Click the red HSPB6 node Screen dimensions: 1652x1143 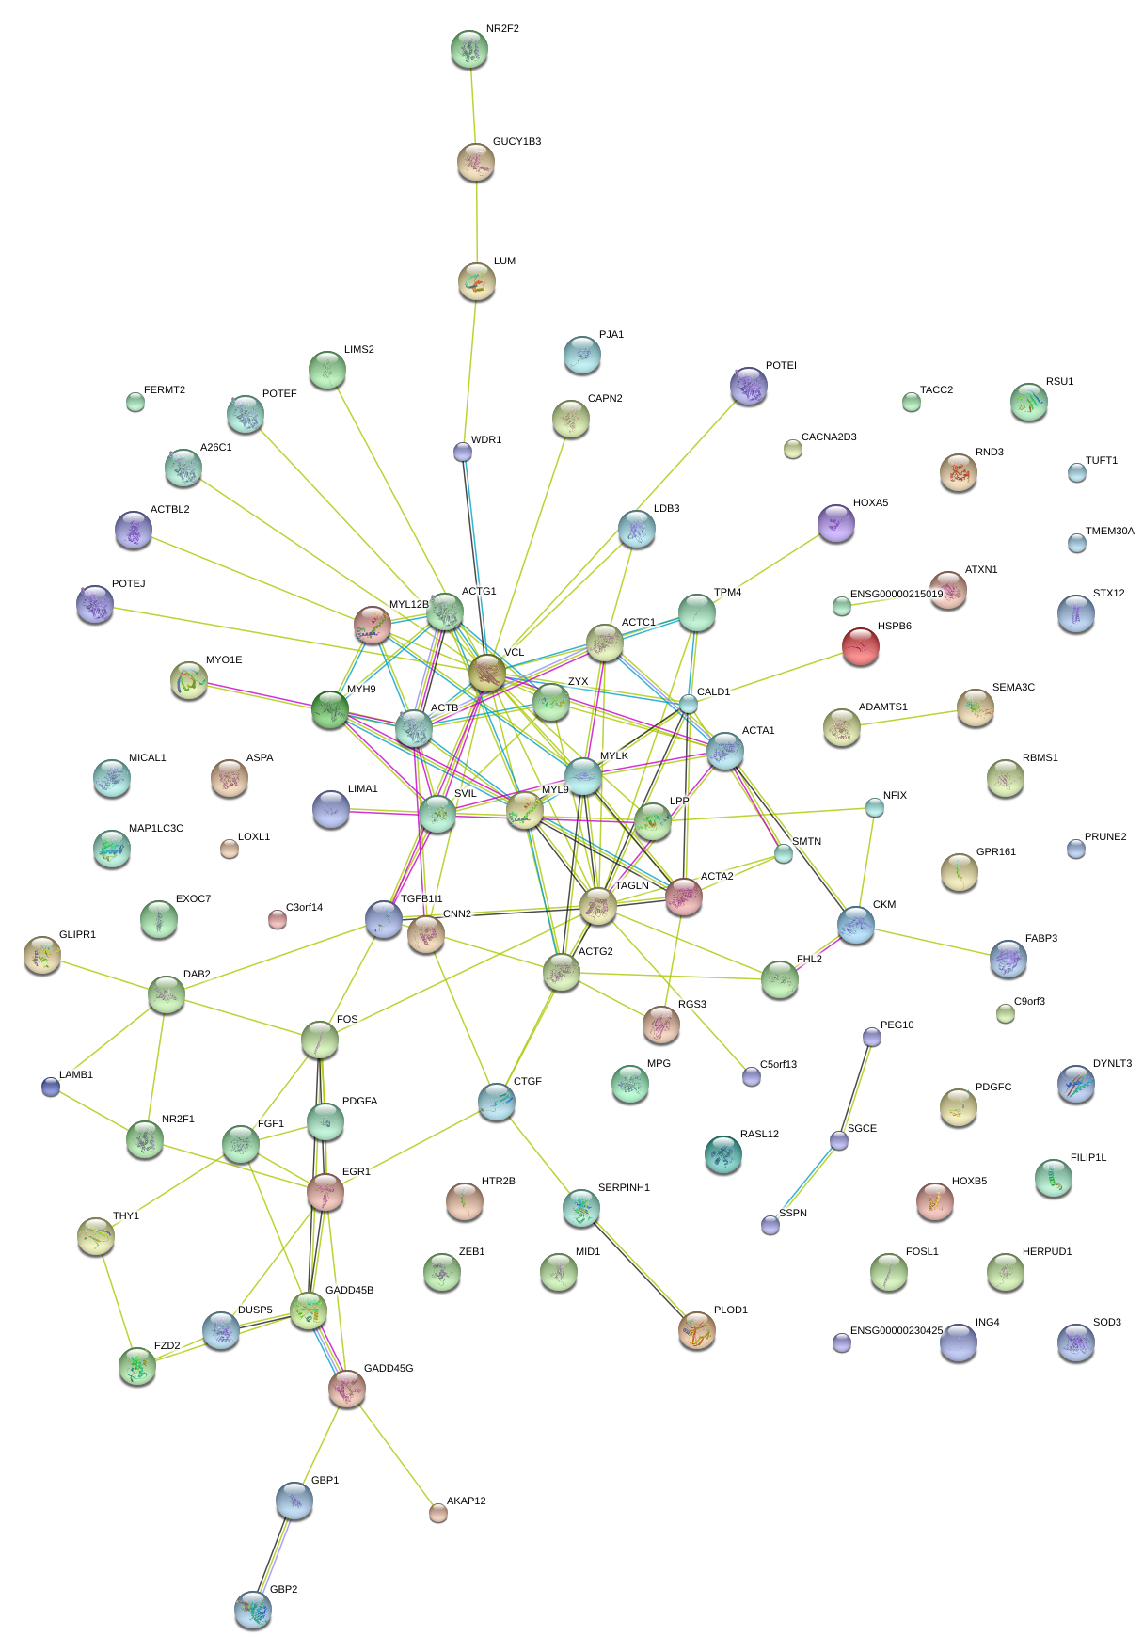tap(860, 646)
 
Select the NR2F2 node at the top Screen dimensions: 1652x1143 tap(469, 49)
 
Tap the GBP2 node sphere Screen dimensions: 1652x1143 tap(252, 1610)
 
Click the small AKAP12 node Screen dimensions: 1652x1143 tap(438, 1512)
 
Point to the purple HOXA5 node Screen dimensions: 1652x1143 tap(836, 523)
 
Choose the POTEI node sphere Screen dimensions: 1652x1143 tap(749, 385)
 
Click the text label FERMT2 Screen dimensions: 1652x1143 tap(165, 390)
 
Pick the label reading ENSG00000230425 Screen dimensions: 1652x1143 tap(896, 1331)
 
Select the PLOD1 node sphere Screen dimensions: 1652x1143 tap(697, 1328)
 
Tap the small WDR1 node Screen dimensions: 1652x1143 tap(463, 452)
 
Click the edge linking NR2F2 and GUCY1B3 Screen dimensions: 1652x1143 tap(473, 106)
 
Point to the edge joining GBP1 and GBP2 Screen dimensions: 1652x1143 tap(274, 1556)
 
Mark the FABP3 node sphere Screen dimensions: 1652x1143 tap(1008, 958)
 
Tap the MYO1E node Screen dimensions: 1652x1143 tap(189, 680)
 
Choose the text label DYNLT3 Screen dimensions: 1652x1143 tap(1112, 1064)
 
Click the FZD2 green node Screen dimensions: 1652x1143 tap(137, 1366)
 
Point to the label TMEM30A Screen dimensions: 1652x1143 tap(1109, 532)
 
